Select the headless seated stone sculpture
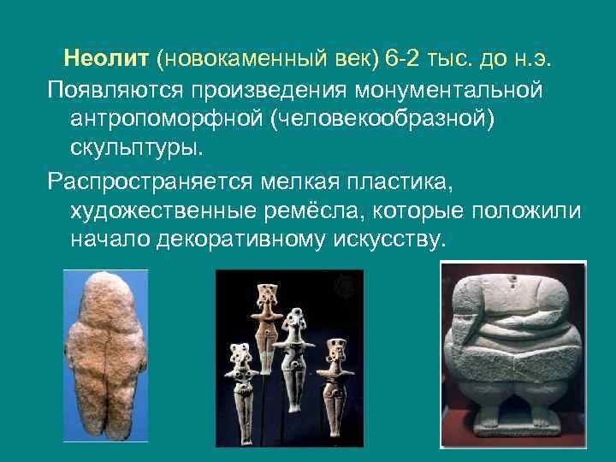click(x=511, y=351)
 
